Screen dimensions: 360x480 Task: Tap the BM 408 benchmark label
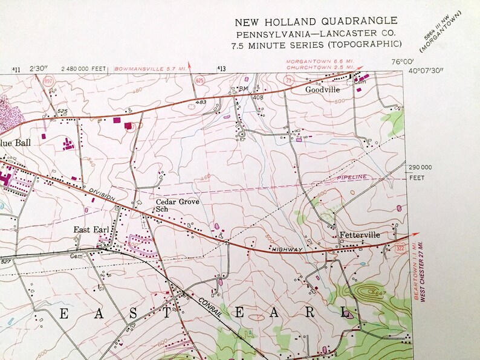(x=242, y=92)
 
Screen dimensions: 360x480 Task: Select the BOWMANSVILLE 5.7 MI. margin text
(x=150, y=69)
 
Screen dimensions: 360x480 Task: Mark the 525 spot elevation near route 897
(x=62, y=111)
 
